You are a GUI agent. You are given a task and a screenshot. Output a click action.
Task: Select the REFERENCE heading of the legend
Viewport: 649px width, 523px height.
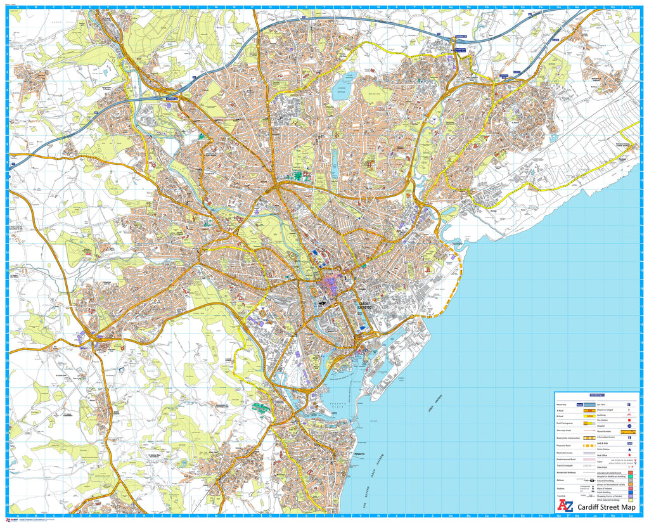pyautogui.click(x=597, y=394)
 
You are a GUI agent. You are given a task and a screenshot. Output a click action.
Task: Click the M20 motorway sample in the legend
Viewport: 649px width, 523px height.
pyautogui.click(x=579, y=404)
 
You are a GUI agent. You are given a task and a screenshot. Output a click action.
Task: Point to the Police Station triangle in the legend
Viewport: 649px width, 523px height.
pyautogui.click(x=628, y=448)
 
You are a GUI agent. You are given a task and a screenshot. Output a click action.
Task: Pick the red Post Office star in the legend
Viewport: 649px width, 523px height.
pyautogui.click(x=628, y=455)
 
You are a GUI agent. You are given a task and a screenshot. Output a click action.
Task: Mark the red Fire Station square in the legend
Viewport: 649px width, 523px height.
pyautogui.click(x=628, y=420)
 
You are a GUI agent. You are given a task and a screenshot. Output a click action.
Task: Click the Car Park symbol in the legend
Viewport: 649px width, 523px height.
pyautogui.click(x=628, y=404)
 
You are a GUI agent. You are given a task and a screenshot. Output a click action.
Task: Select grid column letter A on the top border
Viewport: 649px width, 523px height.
pyautogui.click(x=18, y=8)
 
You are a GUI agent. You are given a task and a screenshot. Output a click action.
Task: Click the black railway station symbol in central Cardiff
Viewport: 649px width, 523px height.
pyautogui.click(x=324, y=303)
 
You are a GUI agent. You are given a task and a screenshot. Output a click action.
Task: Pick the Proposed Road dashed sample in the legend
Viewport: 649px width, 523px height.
pyautogui.click(x=579, y=446)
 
